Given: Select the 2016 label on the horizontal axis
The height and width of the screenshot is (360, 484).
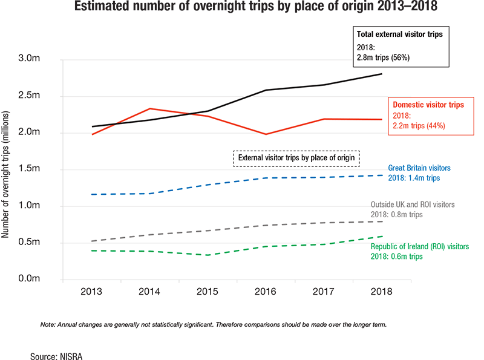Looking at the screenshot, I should (x=266, y=291).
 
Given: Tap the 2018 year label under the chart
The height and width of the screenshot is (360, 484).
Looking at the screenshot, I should (x=381, y=291).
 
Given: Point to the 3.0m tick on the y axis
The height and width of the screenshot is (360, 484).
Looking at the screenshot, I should (x=29, y=59).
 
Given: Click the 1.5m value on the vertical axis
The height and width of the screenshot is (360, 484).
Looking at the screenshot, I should (x=29, y=169).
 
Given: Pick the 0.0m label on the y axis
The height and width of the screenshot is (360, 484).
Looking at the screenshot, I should (x=29, y=279).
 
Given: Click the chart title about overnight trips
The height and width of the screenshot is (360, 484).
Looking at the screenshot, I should (x=241, y=8).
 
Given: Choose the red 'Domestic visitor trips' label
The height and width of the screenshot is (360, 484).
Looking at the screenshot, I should (x=428, y=105).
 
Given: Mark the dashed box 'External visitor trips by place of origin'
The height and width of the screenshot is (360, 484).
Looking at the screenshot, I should (x=296, y=158).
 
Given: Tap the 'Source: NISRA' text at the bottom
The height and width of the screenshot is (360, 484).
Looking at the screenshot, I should (x=56, y=356).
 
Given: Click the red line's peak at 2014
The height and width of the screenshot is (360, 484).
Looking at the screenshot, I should (x=150, y=109).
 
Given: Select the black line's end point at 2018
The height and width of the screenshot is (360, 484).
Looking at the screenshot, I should (x=381, y=74).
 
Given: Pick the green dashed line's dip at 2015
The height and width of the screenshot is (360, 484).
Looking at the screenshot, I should (x=208, y=255).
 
